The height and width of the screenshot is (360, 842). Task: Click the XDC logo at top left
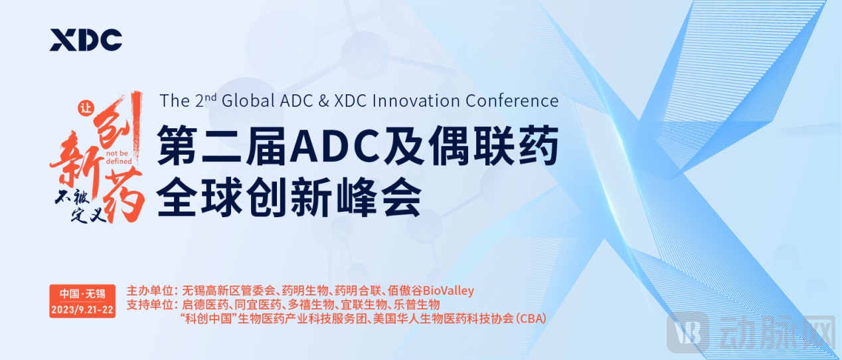[x=86, y=39]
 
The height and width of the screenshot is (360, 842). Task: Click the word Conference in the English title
[x=512, y=101]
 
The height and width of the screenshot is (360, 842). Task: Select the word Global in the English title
[x=248, y=101]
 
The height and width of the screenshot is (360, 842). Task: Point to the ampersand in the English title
[x=323, y=101]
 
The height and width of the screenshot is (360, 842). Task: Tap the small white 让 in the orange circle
[x=86, y=109]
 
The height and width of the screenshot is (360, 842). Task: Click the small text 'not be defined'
[x=118, y=157]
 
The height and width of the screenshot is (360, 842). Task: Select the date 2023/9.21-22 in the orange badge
[x=82, y=310]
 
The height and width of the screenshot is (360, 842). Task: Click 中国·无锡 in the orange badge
[x=82, y=294]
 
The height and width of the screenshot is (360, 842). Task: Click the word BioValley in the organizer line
[x=448, y=291]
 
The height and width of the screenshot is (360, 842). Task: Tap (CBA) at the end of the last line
[x=531, y=319]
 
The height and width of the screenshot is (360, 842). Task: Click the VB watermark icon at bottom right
[x=687, y=332]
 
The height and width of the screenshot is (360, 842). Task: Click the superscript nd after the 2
[x=210, y=97]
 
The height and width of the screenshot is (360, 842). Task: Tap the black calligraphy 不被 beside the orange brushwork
[x=72, y=197]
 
